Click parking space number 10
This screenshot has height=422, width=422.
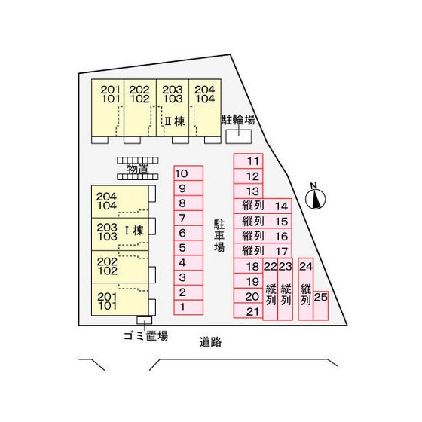(188, 173)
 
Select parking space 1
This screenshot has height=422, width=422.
(188, 307)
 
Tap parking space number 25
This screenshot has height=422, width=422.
(321, 306)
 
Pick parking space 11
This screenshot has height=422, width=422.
(248, 161)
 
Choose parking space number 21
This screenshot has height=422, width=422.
(248, 310)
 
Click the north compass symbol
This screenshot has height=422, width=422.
(315, 198)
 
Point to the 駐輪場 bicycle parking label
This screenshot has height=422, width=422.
(238, 120)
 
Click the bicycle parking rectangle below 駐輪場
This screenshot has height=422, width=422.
(239, 136)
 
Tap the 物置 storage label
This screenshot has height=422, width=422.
(137, 169)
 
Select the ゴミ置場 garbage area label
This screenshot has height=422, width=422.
(146, 335)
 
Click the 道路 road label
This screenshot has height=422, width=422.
(210, 342)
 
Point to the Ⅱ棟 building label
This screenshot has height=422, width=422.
(175, 121)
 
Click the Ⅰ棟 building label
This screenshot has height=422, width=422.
(134, 231)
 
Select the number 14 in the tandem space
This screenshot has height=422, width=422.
(282, 206)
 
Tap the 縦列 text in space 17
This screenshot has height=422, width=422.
(253, 251)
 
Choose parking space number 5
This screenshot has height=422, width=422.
(188, 248)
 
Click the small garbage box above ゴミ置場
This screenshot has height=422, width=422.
(144, 320)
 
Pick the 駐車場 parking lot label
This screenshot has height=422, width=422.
(219, 235)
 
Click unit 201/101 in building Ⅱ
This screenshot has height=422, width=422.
(108, 108)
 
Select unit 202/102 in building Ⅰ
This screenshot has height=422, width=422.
(120, 267)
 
